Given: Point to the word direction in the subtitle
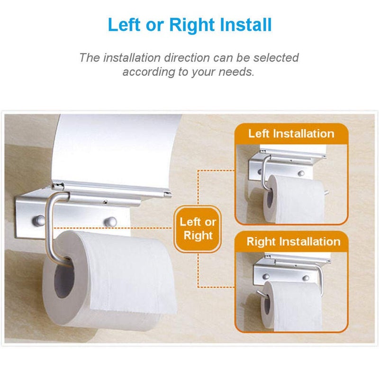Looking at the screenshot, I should point(178,58).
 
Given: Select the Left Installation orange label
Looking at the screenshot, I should point(291,133).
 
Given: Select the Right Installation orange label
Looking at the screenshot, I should point(293,242).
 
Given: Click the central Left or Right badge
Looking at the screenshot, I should point(198,228).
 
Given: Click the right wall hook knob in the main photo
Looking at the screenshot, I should point(111,220).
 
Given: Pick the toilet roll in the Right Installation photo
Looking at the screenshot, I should point(292,306).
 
